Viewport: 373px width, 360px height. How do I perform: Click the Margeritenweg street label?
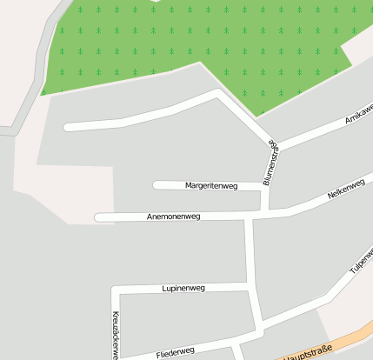[211, 185]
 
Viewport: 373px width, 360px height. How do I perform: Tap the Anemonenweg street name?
[174, 216]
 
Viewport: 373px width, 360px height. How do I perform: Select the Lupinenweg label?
[183, 287]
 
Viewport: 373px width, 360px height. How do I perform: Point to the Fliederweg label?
[176, 351]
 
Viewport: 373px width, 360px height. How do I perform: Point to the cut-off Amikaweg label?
[358, 119]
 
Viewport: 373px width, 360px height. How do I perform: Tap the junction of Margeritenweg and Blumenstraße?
[265, 186]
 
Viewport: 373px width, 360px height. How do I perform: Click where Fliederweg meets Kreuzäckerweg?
[117, 357]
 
